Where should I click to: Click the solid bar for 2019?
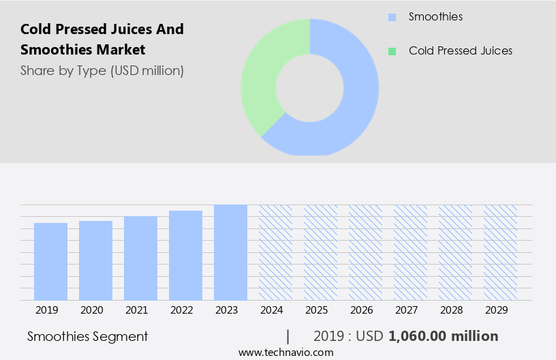(x=50, y=262)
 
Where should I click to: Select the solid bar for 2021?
(x=140, y=258)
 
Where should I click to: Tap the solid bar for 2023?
(x=230, y=252)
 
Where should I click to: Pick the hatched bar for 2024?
(x=275, y=252)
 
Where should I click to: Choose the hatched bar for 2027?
(x=410, y=252)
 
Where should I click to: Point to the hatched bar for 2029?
(x=500, y=252)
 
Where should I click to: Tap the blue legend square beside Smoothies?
(x=391, y=16)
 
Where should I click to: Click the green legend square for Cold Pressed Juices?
(x=391, y=51)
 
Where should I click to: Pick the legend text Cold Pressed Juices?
(x=460, y=51)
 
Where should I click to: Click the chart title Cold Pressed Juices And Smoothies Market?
(x=102, y=40)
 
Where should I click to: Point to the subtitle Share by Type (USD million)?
(x=102, y=70)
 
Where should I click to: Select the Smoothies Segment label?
(x=87, y=336)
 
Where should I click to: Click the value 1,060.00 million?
(x=443, y=336)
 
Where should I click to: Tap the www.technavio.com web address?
(x=285, y=352)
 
